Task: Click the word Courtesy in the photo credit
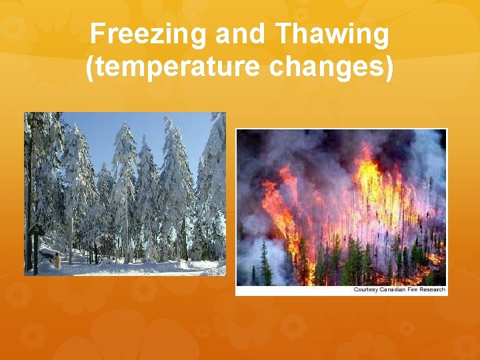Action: [366, 289]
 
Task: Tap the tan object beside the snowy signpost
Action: [57, 261]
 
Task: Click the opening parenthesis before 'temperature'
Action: [91, 67]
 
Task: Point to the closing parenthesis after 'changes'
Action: [389, 67]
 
